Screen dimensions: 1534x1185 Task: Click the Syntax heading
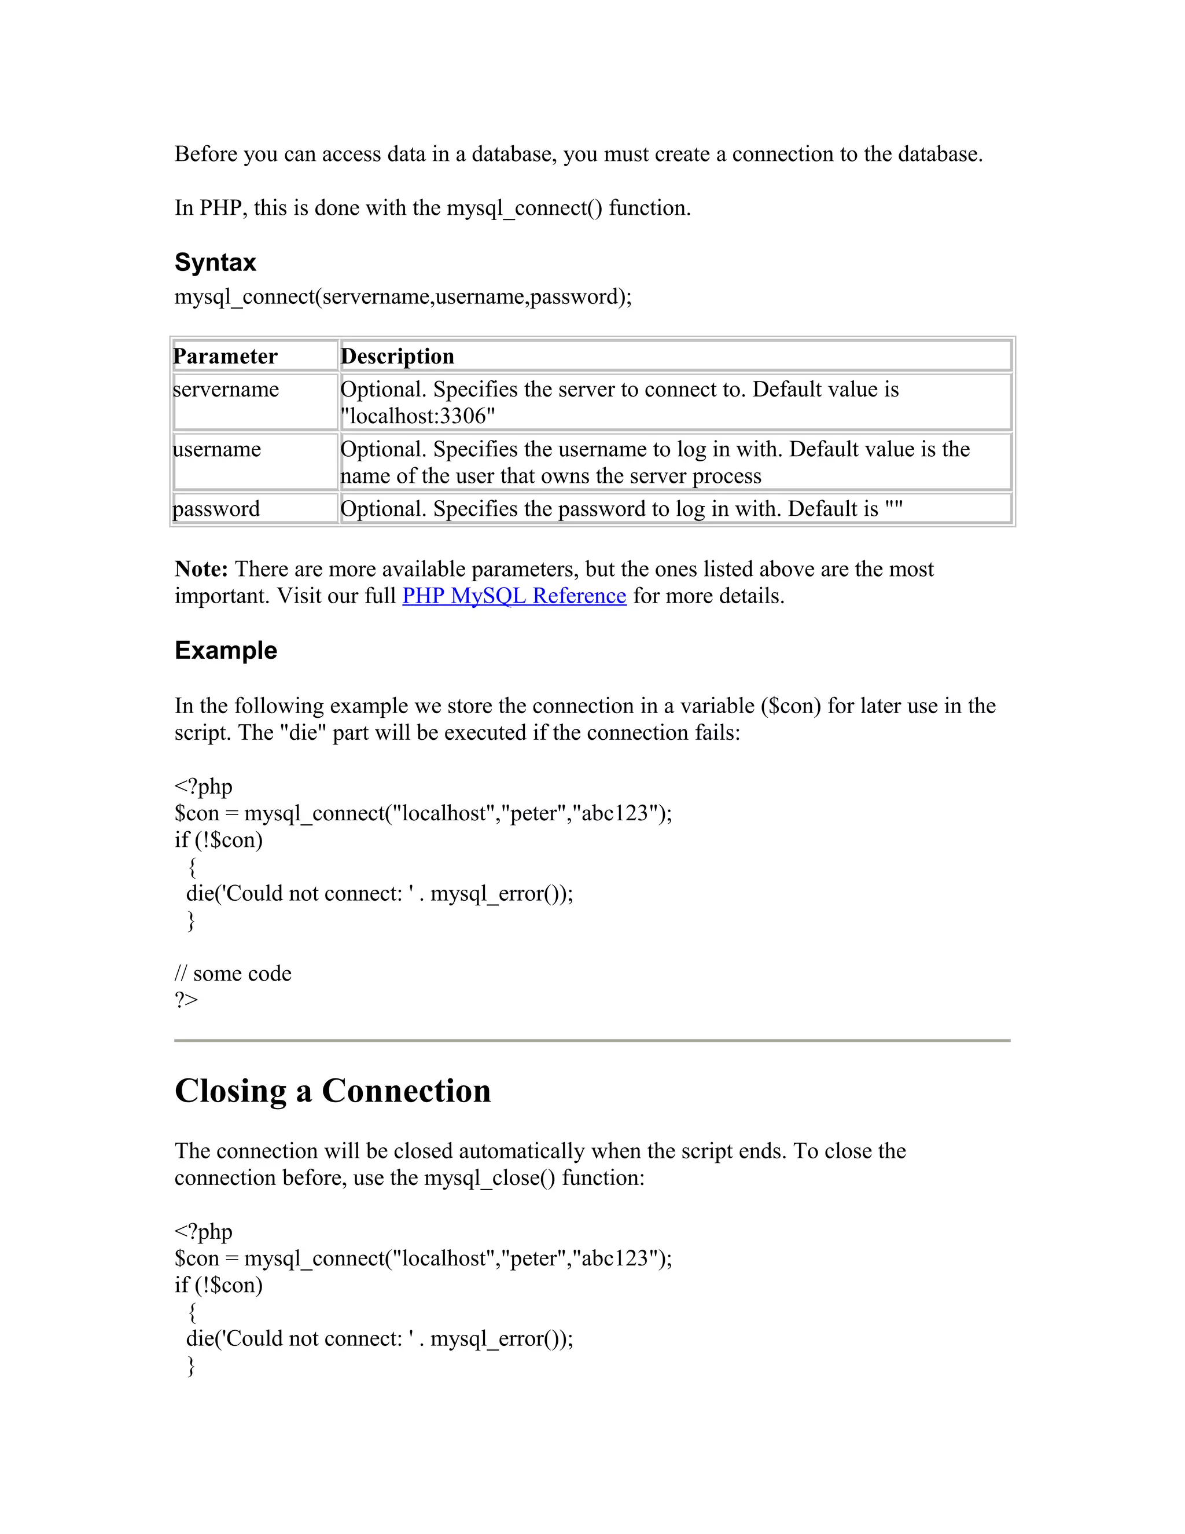point(215,263)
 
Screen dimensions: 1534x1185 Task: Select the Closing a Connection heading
point(332,1091)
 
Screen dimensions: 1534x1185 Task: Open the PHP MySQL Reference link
point(514,596)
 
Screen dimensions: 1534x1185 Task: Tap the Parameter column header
point(225,356)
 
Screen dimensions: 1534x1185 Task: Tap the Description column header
point(398,356)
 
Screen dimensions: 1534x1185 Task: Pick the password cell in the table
point(216,508)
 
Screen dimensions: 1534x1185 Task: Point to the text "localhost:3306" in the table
point(418,417)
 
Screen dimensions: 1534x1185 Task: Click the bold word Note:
point(201,569)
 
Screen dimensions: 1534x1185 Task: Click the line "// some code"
point(233,974)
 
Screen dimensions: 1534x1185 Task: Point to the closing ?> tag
point(186,1000)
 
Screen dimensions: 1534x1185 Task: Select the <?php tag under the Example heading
point(203,787)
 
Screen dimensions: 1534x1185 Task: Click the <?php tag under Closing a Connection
point(203,1231)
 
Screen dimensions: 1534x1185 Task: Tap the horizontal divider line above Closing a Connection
point(592,1040)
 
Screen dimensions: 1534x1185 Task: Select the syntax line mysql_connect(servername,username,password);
point(403,296)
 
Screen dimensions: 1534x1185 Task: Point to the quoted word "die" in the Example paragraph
point(303,733)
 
